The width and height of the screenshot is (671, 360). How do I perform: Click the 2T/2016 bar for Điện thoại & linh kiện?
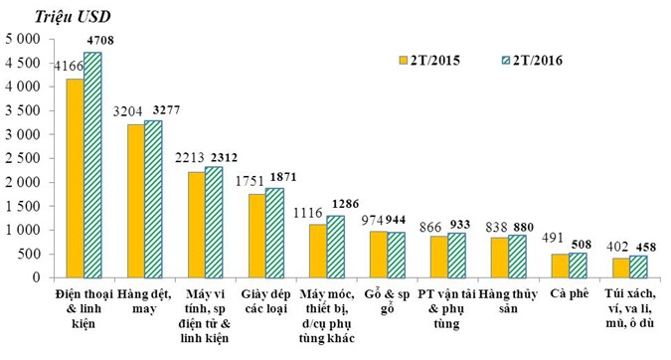(92, 164)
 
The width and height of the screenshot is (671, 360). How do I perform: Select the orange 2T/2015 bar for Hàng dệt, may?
(134, 200)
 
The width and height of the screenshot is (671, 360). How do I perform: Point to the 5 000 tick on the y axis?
(22, 39)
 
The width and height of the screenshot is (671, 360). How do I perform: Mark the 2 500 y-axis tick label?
(22, 158)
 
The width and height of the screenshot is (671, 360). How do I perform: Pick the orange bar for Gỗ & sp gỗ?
(379, 254)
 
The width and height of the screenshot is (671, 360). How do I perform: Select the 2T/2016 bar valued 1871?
(275, 232)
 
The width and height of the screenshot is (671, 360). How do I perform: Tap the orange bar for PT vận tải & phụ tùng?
(440, 257)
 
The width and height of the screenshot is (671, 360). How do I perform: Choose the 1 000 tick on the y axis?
(22, 230)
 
